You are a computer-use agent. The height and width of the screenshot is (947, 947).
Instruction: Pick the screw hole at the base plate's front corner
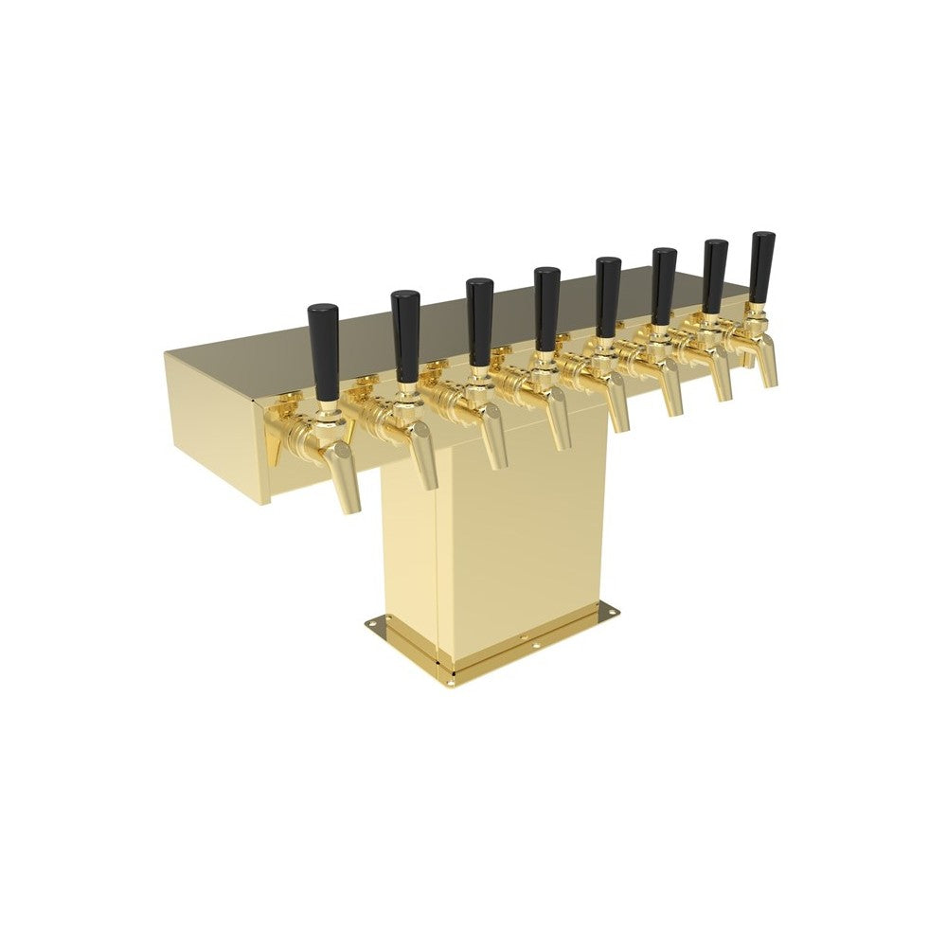[x=453, y=676]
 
